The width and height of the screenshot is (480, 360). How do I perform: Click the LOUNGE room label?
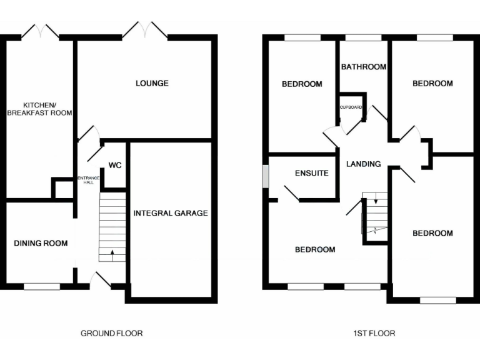pos(152,83)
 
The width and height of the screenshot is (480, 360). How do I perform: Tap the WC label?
pos(114,166)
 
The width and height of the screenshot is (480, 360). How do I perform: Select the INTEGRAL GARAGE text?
pos(171,213)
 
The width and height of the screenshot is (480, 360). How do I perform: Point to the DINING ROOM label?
pos(41,243)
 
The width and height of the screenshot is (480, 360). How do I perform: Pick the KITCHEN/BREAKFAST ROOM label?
pos(39,109)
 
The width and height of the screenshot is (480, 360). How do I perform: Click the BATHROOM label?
pos(363,67)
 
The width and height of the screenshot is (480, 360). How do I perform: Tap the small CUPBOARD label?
pos(351,107)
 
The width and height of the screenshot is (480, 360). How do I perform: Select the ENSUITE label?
pos(311,173)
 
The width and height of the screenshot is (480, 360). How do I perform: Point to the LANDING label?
pos(363,164)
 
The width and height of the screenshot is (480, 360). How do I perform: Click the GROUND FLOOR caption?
pos(112,333)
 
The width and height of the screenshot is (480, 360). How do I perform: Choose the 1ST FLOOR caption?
pos(374,333)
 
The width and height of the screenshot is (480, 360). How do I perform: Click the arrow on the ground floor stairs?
pos(112,253)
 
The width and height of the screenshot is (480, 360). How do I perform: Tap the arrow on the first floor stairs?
pos(375,201)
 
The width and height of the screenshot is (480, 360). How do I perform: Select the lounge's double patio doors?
pos(144,29)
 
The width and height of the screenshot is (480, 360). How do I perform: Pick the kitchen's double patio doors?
pos(41,31)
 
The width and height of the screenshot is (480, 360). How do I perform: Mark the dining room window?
pos(42,286)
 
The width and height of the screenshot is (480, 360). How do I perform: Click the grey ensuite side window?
pos(266,176)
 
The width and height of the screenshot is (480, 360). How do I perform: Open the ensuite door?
pos(291,193)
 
